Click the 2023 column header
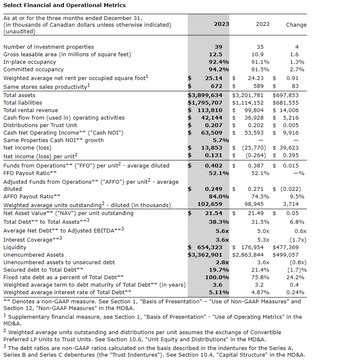click(x=222, y=24)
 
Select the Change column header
click(x=296, y=25)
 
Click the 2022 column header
click(x=263, y=24)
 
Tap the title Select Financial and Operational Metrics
click(x=65, y=5)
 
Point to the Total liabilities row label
click(x=23, y=102)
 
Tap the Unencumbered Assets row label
click(x=34, y=255)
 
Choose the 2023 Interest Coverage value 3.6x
click(x=222, y=240)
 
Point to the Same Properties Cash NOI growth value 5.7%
click(x=221, y=140)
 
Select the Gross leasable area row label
click(x=67, y=55)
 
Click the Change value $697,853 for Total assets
click(x=286, y=95)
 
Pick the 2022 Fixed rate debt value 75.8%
click(x=260, y=277)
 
